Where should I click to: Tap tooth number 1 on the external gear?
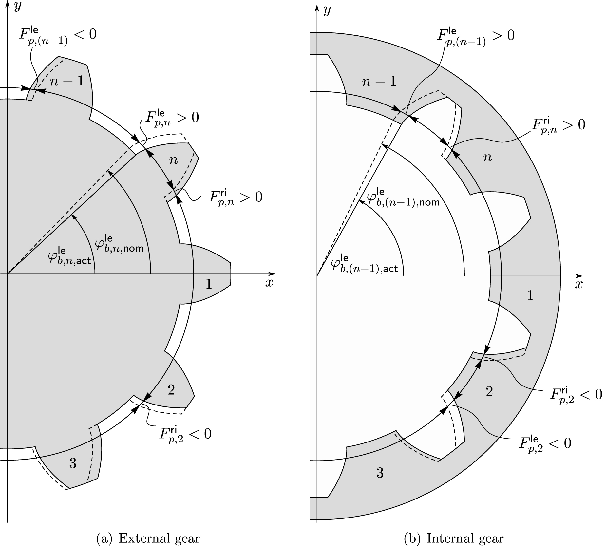click(x=209, y=284)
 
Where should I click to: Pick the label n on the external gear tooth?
click(x=173, y=160)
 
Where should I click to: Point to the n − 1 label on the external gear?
click(x=67, y=81)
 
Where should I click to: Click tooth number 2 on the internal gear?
click(x=489, y=391)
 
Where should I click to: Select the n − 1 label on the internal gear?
click(x=379, y=82)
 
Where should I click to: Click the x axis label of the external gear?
click(x=269, y=282)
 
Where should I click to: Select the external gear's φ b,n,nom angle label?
click(x=119, y=243)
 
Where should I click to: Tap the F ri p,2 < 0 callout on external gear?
click(x=185, y=434)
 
